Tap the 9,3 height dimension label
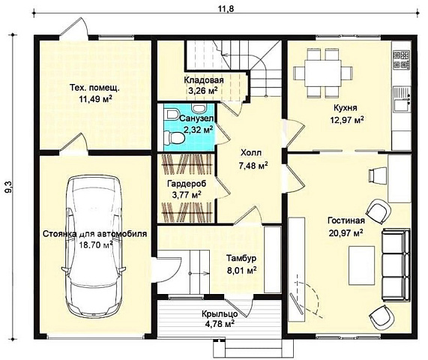click(x=9, y=187)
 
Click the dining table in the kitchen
click(x=323, y=73)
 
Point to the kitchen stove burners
click(x=401, y=59)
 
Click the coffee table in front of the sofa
click(x=362, y=265)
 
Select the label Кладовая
click(x=204, y=80)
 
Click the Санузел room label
click(x=196, y=118)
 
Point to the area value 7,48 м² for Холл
click(x=253, y=166)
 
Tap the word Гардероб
click(x=187, y=183)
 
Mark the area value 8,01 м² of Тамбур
click(x=242, y=271)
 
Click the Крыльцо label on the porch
click(x=220, y=313)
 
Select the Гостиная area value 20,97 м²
click(x=346, y=233)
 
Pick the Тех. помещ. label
click(x=94, y=88)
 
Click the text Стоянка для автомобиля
click(x=95, y=234)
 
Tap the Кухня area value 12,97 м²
click(x=347, y=120)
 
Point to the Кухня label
click(x=346, y=107)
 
